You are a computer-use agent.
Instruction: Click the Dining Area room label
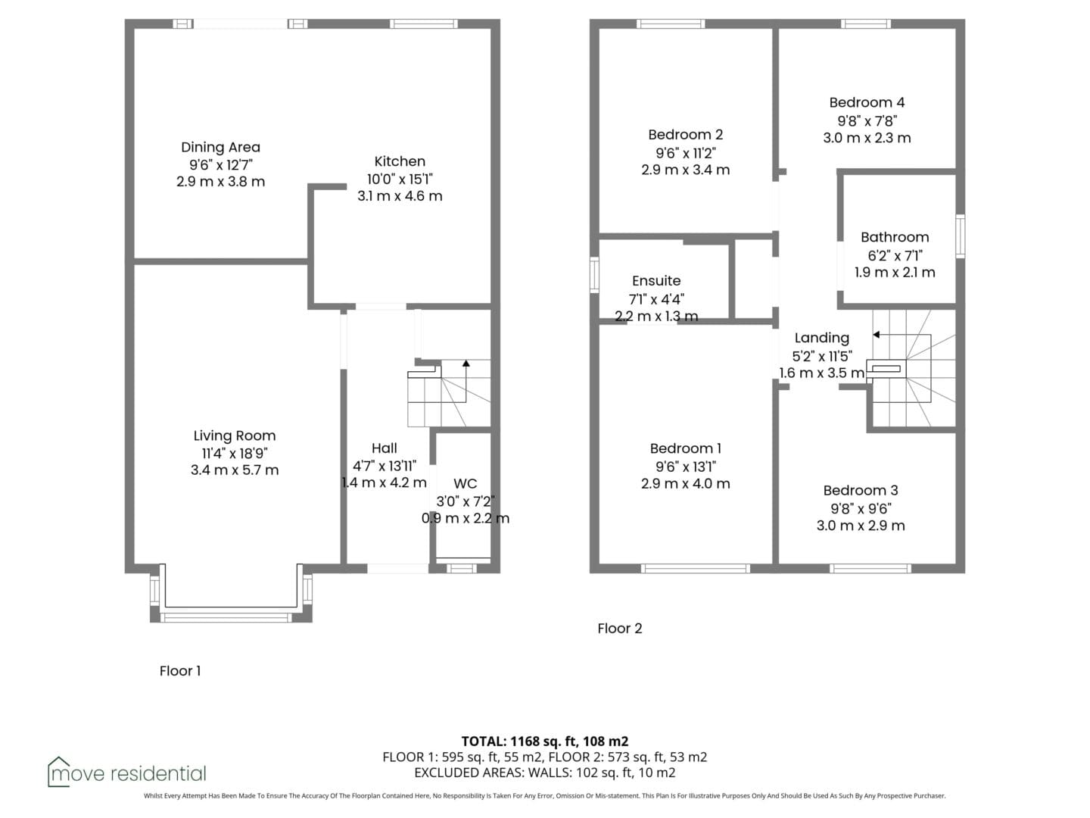(220, 147)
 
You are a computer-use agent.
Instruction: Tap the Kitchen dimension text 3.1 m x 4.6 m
(400, 195)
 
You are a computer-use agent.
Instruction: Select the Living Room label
(235, 436)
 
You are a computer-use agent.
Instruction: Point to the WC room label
(465, 483)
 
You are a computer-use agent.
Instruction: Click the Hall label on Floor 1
(384, 448)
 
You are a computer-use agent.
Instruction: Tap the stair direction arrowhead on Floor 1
(466, 363)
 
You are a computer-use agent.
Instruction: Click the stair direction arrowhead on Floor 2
(877, 335)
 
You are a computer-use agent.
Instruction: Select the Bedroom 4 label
(867, 102)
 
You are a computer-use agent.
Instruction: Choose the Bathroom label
(895, 237)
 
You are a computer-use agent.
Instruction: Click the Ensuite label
(656, 280)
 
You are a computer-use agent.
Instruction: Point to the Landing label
(821, 338)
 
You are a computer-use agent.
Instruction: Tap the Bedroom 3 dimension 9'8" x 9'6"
(861, 508)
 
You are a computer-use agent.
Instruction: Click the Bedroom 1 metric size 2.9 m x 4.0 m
(685, 483)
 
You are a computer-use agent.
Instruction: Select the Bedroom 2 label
(685, 134)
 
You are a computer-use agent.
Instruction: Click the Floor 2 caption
(619, 629)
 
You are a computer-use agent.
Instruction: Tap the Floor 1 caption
(179, 671)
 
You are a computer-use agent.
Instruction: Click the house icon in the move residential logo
(58, 771)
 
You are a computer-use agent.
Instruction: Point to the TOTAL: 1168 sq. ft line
(545, 741)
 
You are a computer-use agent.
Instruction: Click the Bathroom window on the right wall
(961, 236)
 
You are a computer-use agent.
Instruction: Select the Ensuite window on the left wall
(594, 275)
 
